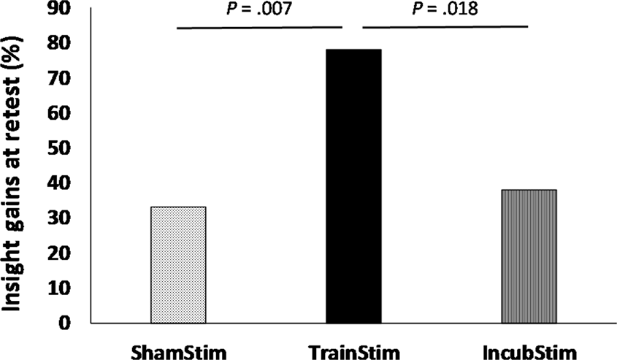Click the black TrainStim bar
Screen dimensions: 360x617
coord(353,186)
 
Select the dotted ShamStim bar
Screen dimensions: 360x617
coord(178,265)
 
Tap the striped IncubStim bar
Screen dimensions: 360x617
coord(529,256)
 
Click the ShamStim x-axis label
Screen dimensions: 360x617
coord(178,350)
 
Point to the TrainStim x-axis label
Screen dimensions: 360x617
coord(353,350)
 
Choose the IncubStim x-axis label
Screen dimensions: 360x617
coord(529,350)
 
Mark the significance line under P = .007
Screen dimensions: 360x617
coord(259,28)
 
